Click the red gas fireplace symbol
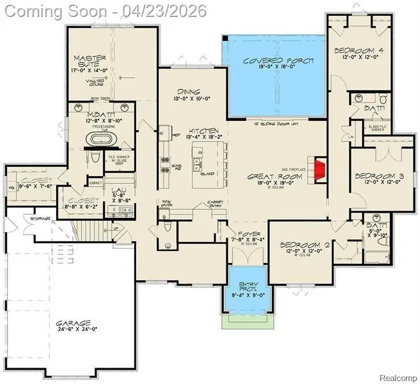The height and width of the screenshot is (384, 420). pos(316,166)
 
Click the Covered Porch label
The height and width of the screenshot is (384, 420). pos(277,61)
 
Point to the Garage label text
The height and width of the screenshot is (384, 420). pos(73,323)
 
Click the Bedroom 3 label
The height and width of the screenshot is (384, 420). pos(379,176)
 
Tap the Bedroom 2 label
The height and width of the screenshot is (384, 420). pos(304,245)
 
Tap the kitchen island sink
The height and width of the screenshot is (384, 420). pos(199,161)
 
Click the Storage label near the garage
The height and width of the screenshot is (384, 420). pos(40,218)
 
